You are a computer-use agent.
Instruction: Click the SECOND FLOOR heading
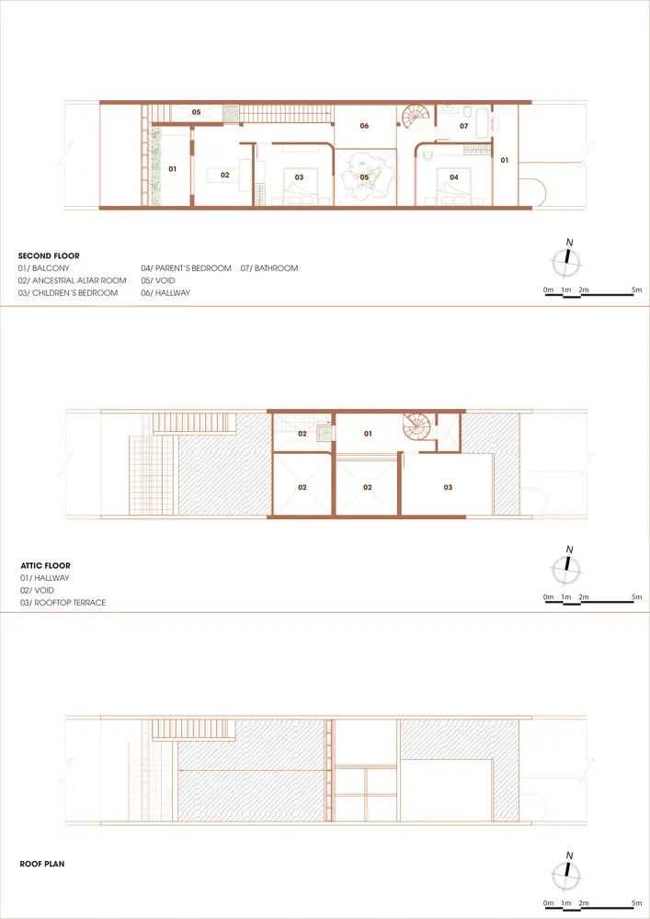[x=49, y=255]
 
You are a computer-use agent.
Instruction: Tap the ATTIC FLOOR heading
[x=45, y=565]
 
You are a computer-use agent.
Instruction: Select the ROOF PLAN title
[x=42, y=864]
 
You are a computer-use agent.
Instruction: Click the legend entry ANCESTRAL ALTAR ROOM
[x=72, y=280]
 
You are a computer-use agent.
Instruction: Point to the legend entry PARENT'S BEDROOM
[x=187, y=268]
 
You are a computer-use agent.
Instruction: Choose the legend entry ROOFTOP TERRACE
[x=63, y=603]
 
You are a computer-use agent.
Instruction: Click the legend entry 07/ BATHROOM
[x=269, y=268]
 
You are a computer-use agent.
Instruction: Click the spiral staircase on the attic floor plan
[x=416, y=428]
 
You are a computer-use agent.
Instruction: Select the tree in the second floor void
[x=365, y=176]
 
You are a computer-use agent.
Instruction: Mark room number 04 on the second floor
[x=454, y=177]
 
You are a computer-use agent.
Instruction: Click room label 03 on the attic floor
[x=448, y=487]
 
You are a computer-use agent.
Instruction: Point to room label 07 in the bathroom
[x=464, y=126]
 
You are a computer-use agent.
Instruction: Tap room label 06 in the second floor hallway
[x=365, y=126]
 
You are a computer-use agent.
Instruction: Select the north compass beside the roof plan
[x=567, y=873]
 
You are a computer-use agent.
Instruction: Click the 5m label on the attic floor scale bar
[x=637, y=597]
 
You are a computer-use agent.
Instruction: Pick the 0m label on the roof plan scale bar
[x=549, y=903]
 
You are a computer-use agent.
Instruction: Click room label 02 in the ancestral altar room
[x=225, y=175]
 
